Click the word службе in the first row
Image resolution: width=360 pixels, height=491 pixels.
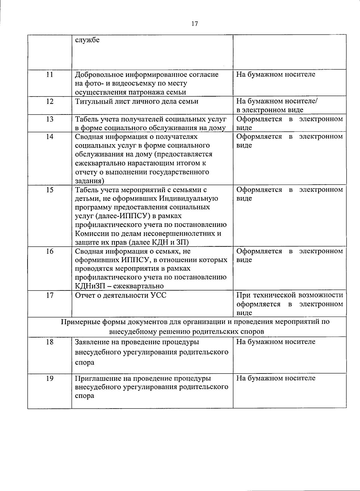pyautogui.click(x=87, y=40)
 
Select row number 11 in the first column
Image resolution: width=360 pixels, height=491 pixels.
pyautogui.click(x=49, y=75)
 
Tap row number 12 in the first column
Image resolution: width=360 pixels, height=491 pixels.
pyautogui.click(x=49, y=102)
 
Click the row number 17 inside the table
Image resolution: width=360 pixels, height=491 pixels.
pyautogui.click(x=49, y=296)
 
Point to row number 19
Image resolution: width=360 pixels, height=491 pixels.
pyautogui.click(x=49, y=378)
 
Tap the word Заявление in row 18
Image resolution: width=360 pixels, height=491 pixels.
pyautogui.click(x=91, y=342)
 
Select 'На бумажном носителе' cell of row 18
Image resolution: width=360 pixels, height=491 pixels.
pyautogui.click(x=276, y=342)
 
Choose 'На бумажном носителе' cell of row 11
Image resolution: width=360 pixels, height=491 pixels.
pyautogui.click(x=276, y=75)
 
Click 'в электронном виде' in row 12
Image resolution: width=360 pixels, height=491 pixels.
pyautogui.click(x=270, y=110)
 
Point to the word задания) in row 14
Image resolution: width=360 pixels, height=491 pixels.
pyautogui.click(x=89, y=181)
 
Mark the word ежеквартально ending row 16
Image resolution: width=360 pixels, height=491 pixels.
pyautogui.click(x=140, y=286)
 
